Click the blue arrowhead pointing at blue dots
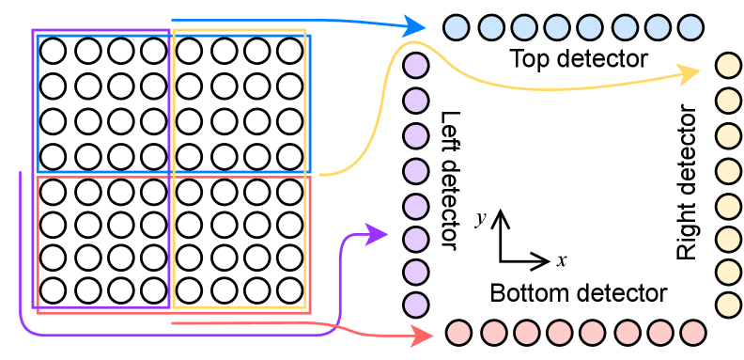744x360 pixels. tap(415, 25)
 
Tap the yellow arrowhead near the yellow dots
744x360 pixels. tap(690, 72)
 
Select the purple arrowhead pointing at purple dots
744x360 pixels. tap(377, 234)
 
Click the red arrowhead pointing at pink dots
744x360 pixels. tap(423, 334)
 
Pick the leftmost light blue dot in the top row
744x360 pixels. tap(456, 27)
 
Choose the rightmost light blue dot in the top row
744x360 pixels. tap(690, 27)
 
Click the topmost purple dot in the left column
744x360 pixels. tap(415, 65)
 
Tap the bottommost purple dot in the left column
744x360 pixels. tap(415, 305)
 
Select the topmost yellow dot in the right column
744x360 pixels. tap(728, 65)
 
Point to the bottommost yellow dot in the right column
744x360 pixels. tap(728, 305)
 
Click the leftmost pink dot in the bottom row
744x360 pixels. tap(458, 333)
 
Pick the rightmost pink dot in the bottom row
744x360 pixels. tap(693, 333)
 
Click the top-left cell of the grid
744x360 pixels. tap(102, 103)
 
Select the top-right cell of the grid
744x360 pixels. tap(240, 103)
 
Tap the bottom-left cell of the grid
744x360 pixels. tap(102, 241)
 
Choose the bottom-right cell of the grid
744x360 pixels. tap(240, 241)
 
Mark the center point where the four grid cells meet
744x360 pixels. tap(171, 173)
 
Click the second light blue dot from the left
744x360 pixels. tap(491, 27)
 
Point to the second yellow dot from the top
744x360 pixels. tap(728, 101)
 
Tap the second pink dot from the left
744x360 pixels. tap(494, 333)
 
